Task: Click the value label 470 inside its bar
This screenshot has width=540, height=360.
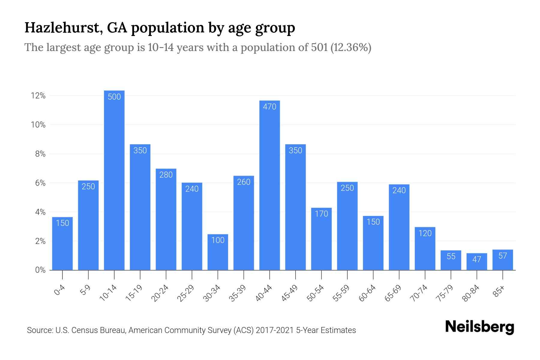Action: (269, 106)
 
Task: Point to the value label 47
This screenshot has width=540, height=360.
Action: (477, 259)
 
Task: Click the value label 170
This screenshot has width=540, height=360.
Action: (321, 214)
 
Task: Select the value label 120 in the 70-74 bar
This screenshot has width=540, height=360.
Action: (425, 233)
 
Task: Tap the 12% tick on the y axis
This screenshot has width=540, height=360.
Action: (38, 96)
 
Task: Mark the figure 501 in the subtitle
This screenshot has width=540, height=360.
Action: (319, 47)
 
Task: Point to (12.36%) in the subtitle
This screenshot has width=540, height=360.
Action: (351, 47)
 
